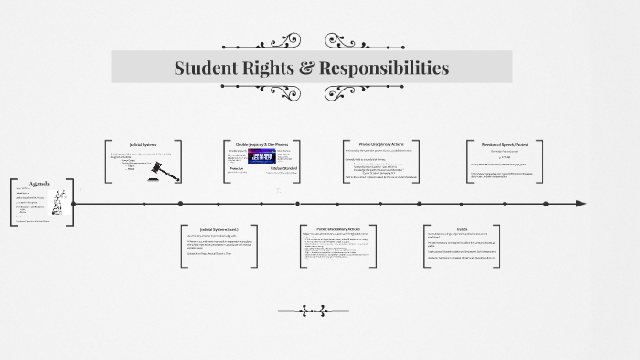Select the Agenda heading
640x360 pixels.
pos(39,183)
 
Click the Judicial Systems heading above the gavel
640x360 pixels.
pos(144,144)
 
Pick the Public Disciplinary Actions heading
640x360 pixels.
pos(334,228)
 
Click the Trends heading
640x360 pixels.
pos(461,228)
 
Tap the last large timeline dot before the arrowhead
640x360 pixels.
pos(546,204)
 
